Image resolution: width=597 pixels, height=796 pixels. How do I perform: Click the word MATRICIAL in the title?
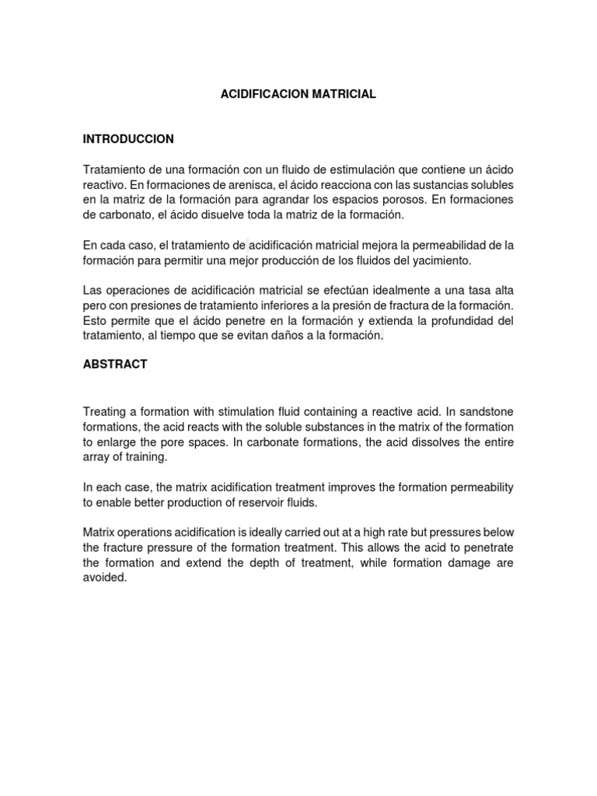tap(344, 94)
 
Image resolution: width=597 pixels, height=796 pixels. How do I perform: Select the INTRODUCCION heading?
tap(128, 139)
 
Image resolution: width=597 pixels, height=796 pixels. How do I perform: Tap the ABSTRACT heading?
tap(115, 364)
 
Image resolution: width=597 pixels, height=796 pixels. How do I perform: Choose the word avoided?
tap(103, 578)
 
